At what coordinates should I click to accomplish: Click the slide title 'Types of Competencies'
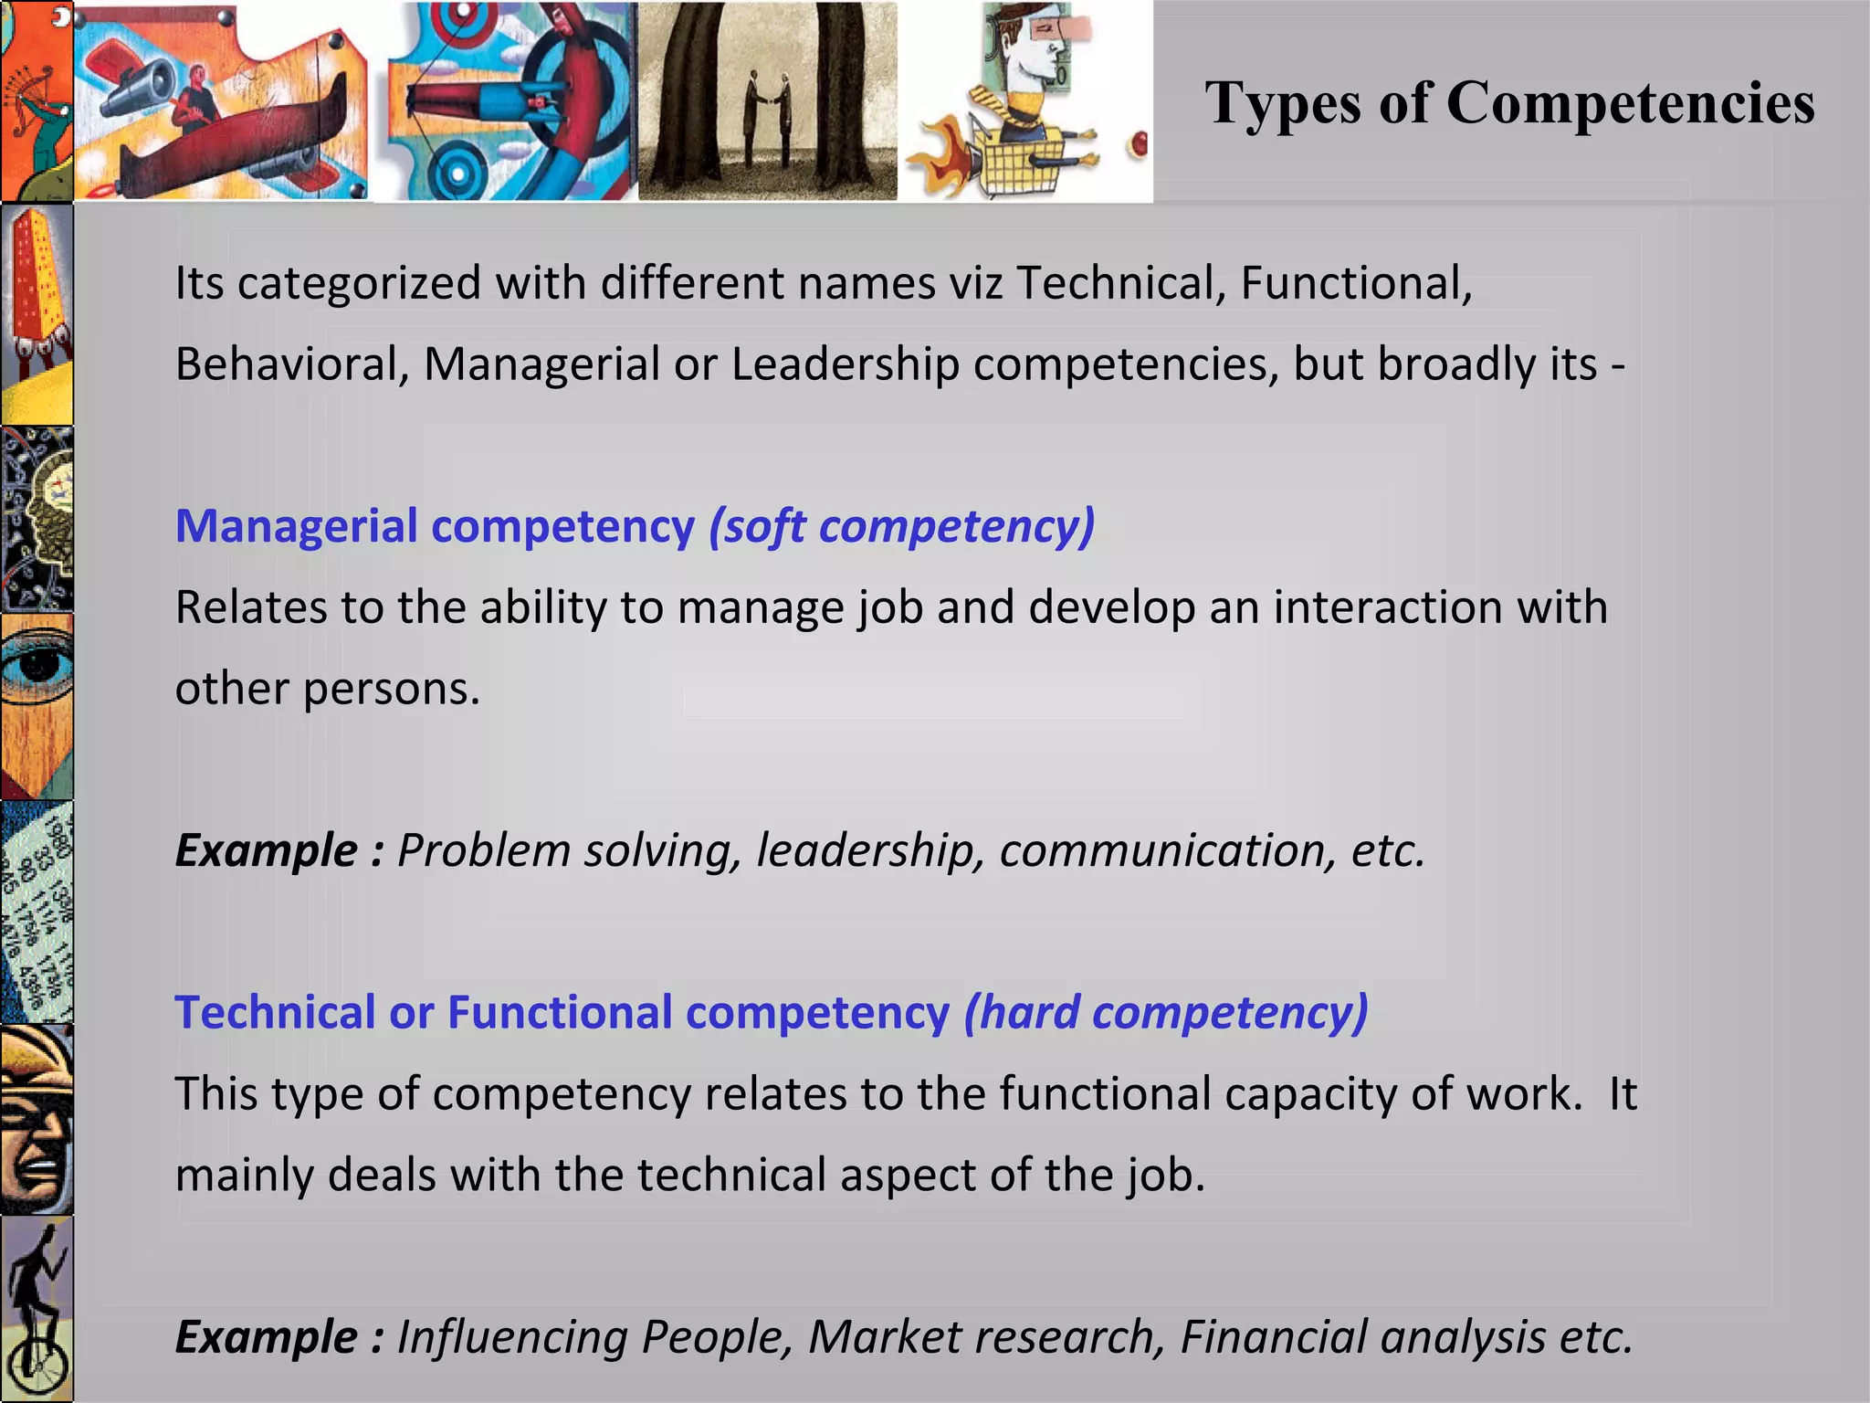click(1508, 102)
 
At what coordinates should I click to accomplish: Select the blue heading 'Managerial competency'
click(435, 527)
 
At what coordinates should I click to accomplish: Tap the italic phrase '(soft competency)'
click(901, 527)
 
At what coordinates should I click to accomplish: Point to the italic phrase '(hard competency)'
click(1166, 1013)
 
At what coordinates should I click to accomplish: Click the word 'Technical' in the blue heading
click(275, 1013)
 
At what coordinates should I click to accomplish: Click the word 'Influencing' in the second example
click(511, 1337)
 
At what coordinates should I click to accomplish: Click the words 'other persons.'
click(327, 689)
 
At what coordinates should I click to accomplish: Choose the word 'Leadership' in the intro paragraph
click(845, 364)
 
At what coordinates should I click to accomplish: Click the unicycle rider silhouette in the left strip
click(37, 1306)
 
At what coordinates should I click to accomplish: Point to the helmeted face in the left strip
click(37, 1119)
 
